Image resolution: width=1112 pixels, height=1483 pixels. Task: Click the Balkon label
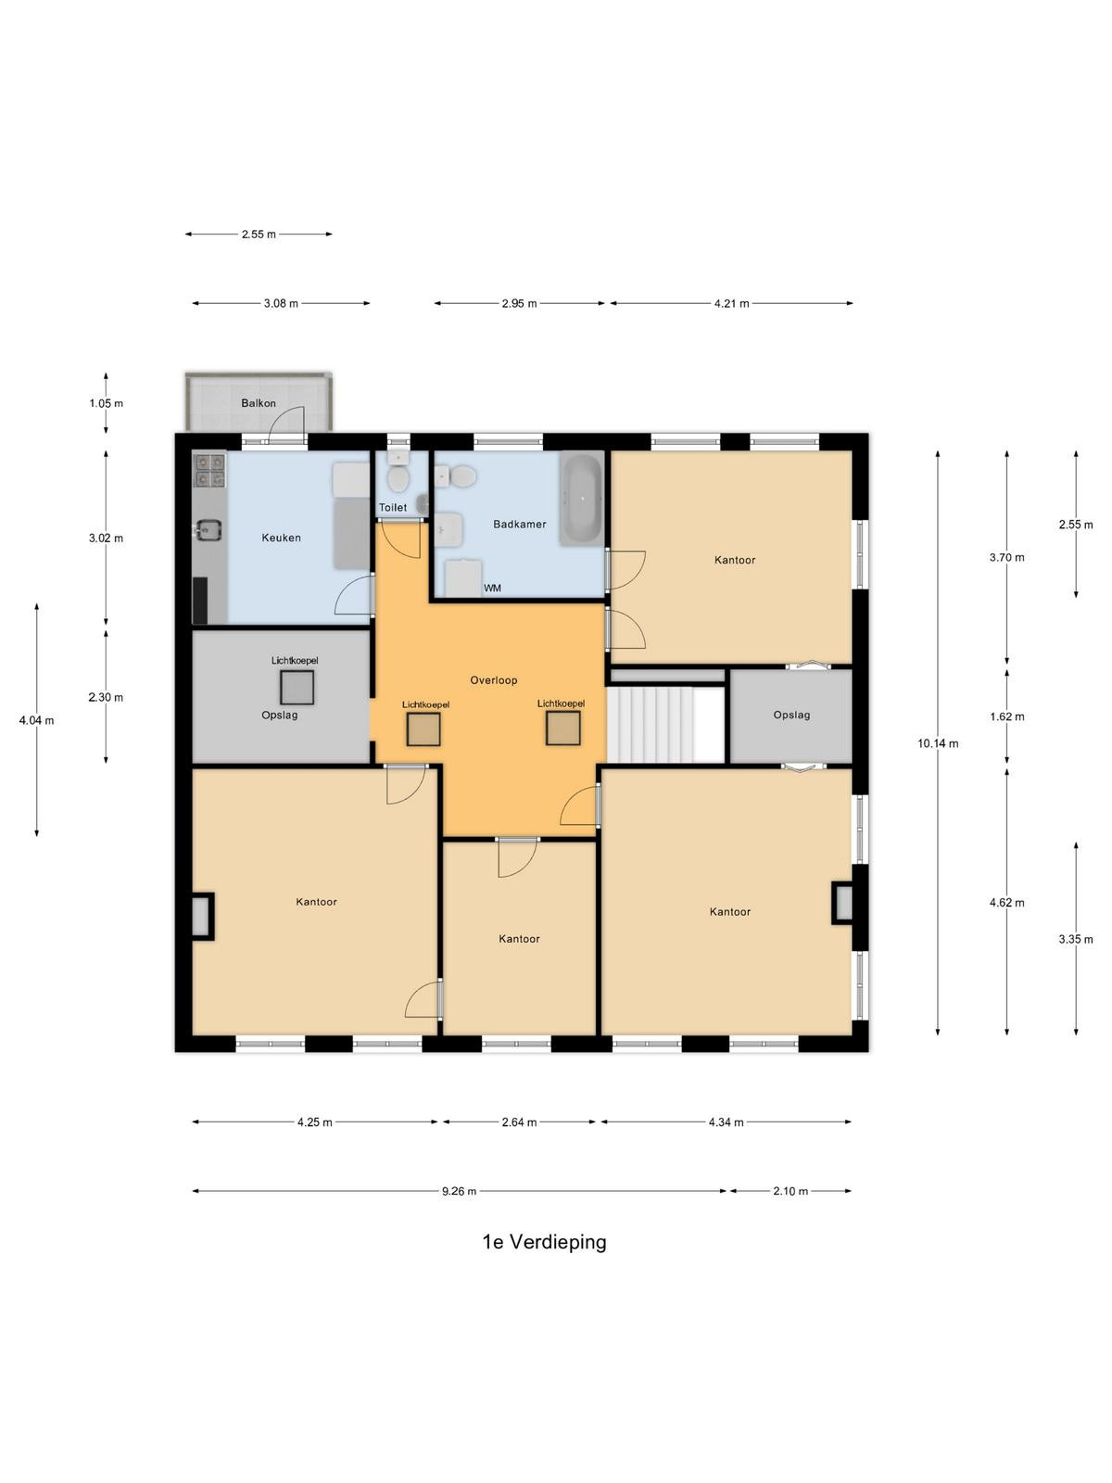pyautogui.click(x=258, y=403)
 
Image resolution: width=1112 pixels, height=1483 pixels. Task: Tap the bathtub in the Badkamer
pyautogui.click(x=581, y=499)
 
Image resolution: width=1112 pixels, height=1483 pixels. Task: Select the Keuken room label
pyautogui.click(x=281, y=538)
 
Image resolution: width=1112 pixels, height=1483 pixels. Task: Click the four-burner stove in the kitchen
pyautogui.click(x=209, y=471)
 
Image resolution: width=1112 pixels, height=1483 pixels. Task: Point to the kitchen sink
pyautogui.click(x=208, y=529)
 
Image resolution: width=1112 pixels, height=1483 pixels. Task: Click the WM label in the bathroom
pyautogui.click(x=492, y=589)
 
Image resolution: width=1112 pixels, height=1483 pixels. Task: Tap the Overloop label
pyautogui.click(x=494, y=680)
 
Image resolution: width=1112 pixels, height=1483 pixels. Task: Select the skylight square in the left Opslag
pyautogui.click(x=297, y=688)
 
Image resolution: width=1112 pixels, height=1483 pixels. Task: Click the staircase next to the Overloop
pyautogui.click(x=665, y=724)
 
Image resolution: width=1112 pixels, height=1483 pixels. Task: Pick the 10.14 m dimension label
pyautogui.click(x=937, y=743)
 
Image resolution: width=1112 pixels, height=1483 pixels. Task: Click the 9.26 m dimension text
pyautogui.click(x=459, y=1191)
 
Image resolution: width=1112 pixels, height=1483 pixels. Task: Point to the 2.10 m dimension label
pyautogui.click(x=790, y=1191)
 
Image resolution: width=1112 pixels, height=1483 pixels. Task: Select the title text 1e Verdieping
pyautogui.click(x=544, y=1242)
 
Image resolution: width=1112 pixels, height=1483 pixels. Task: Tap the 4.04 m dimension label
pyautogui.click(x=36, y=720)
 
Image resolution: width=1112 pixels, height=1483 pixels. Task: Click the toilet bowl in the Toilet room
pyautogui.click(x=398, y=480)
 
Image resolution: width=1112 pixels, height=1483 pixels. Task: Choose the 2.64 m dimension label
pyautogui.click(x=519, y=1122)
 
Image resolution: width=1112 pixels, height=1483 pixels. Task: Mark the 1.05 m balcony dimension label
pyautogui.click(x=106, y=403)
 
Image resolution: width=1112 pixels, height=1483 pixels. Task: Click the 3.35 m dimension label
pyautogui.click(x=1076, y=939)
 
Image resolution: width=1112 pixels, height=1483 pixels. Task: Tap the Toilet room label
pyautogui.click(x=392, y=507)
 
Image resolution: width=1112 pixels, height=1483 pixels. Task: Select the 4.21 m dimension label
pyautogui.click(x=732, y=303)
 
